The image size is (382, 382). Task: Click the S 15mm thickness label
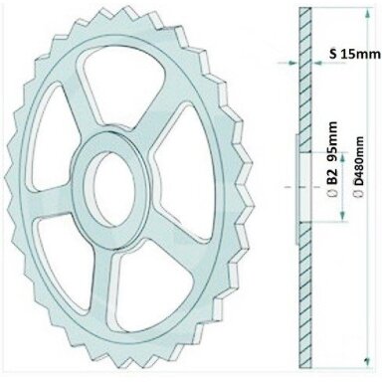click(355, 54)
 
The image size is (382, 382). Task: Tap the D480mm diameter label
click(359, 161)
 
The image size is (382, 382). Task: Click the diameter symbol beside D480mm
click(358, 193)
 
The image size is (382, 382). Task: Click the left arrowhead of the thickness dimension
click(292, 62)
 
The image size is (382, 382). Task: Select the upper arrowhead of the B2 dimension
click(343, 157)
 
